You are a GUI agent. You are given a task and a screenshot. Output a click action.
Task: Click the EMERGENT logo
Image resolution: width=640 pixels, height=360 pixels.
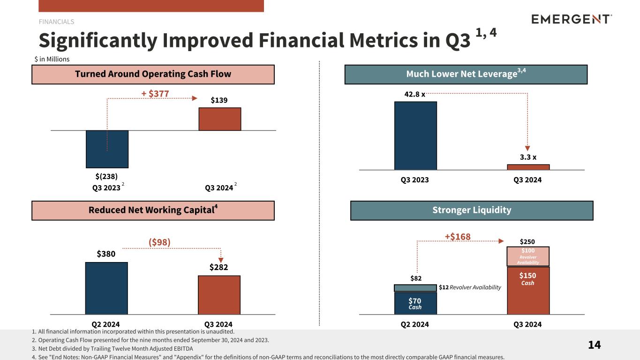coord(572,19)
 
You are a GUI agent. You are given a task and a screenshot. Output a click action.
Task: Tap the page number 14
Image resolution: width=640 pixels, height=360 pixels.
coord(594,345)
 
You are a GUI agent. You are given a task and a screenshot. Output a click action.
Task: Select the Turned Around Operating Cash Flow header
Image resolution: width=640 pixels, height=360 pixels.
coord(153,75)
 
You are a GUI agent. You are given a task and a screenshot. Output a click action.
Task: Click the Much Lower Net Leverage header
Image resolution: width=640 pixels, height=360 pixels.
coord(466,75)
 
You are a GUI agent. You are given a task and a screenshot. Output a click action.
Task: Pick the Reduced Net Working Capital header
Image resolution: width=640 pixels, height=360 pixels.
coord(153,210)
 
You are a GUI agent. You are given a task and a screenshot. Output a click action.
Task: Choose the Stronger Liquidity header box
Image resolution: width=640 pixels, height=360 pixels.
coord(471,210)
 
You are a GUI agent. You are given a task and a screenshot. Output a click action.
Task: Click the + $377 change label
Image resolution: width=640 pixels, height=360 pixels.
coord(155,94)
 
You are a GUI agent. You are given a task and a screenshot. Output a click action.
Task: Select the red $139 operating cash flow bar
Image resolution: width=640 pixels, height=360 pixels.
coord(219,119)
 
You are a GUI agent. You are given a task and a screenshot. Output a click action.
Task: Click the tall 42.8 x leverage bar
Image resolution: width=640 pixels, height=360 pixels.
coord(415,135)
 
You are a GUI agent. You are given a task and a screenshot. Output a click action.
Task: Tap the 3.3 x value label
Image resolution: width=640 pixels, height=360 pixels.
coord(528,157)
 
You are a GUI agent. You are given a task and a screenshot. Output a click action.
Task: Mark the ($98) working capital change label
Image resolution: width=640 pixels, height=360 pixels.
coord(159,242)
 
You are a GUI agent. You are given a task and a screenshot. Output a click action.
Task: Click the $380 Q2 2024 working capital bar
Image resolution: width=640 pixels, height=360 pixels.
coord(106,288)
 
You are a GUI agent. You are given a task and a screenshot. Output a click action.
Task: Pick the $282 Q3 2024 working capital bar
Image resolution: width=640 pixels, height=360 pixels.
coord(219,294)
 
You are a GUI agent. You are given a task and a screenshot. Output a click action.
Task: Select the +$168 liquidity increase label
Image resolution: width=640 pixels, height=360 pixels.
coord(457,236)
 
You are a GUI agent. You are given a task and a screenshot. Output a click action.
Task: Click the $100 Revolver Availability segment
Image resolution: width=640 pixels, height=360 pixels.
coord(528,256)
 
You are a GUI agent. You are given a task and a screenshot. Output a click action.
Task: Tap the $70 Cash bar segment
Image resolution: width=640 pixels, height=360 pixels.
coord(415,303)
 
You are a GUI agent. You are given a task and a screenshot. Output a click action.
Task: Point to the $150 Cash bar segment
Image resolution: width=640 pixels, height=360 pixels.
coord(528,291)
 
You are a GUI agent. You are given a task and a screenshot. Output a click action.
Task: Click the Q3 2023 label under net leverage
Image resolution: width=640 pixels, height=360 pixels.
coord(414,180)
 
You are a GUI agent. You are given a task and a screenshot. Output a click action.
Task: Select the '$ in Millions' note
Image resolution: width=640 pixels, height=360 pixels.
coord(52,59)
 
